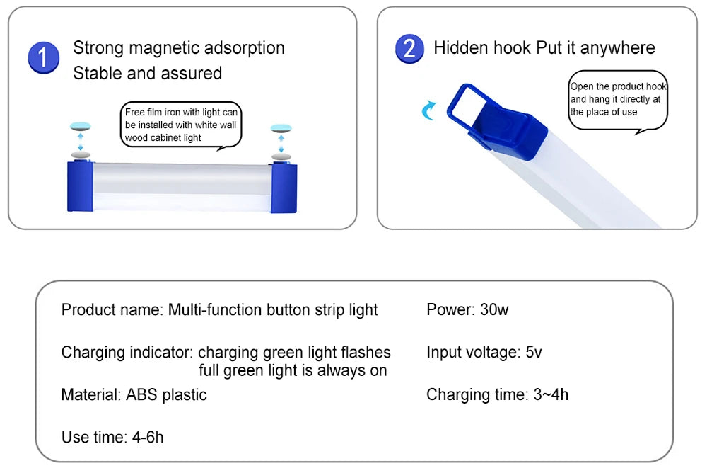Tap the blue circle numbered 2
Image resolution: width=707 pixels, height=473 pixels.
(x=409, y=48)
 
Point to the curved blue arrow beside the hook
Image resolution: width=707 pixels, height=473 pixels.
(x=428, y=110)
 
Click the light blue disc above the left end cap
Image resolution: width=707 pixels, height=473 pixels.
(x=81, y=127)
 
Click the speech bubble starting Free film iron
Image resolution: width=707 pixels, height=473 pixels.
(x=182, y=125)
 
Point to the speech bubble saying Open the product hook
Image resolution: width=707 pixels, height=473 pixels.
(x=617, y=100)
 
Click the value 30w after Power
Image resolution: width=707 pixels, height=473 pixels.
(x=494, y=309)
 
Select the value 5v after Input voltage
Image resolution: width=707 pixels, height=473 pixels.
(x=534, y=352)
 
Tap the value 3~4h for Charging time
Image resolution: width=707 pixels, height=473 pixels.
(x=550, y=394)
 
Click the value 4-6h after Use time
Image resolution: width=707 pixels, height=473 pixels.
(x=148, y=437)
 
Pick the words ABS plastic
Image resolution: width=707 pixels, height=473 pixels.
(x=166, y=394)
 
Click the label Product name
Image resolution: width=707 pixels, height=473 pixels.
(x=112, y=309)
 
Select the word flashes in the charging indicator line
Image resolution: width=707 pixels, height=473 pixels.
(x=366, y=352)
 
